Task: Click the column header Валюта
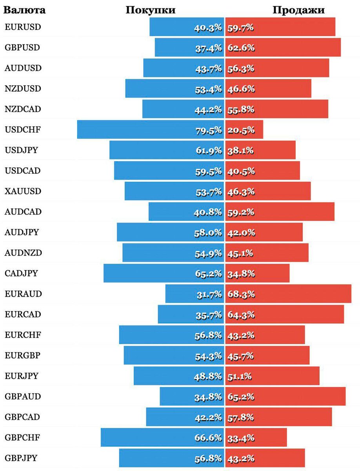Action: [24, 10]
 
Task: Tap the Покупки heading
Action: [151, 10]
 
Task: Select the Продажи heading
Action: [298, 10]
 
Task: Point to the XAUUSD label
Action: [23, 191]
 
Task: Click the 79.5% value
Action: [209, 130]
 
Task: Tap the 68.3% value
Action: [241, 294]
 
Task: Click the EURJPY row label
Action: [22, 376]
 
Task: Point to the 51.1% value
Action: [240, 376]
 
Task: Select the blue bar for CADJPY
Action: [149, 273]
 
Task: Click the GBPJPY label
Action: [22, 458]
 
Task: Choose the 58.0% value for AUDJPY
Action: [208, 233]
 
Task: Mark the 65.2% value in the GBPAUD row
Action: [241, 397]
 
